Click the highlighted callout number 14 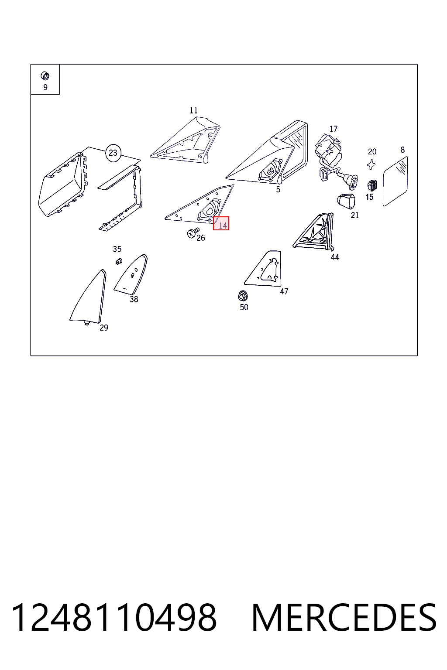click(221, 223)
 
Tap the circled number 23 click(113, 153)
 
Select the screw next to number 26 click(193, 232)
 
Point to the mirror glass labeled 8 click(395, 181)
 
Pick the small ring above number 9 click(45, 76)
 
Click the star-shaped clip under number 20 click(371, 164)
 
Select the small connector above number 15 click(371, 186)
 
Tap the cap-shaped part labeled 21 click(347, 201)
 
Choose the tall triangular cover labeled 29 click(88, 297)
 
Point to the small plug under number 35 click(119, 261)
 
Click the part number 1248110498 click(114, 618)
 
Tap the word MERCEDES click(344, 618)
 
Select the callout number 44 click(335, 257)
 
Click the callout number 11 click(193, 110)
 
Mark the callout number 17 click(333, 129)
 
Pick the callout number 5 click(278, 189)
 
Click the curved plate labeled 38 click(131, 274)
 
